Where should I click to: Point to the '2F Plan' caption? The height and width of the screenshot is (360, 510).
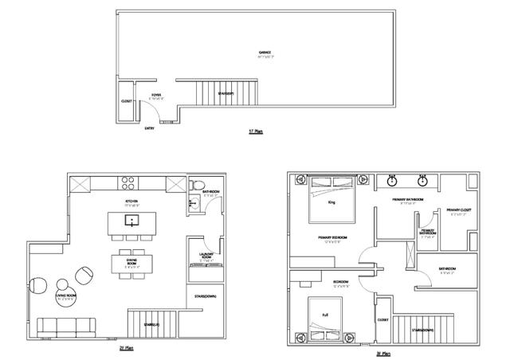pyautogui.click(x=126, y=348)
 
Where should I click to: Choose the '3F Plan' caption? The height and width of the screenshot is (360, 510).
pyautogui.click(x=383, y=354)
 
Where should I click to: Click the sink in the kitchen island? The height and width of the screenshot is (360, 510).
pyautogui.click(x=133, y=220)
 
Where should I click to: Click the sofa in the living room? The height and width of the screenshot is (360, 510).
pyautogui.click(x=65, y=327)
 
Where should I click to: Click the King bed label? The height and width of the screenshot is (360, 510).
pyautogui.click(x=331, y=202)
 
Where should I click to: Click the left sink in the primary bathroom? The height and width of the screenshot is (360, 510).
pyautogui.click(x=393, y=180)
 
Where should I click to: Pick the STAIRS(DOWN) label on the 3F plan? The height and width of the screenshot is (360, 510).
pyautogui.click(x=423, y=330)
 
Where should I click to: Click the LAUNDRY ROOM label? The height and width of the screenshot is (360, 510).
pyautogui.click(x=205, y=256)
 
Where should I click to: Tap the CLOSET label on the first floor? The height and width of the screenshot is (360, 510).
pyautogui.click(x=126, y=101)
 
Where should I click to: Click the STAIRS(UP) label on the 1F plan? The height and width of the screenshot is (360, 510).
pyautogui.click(x=226, y=94)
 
